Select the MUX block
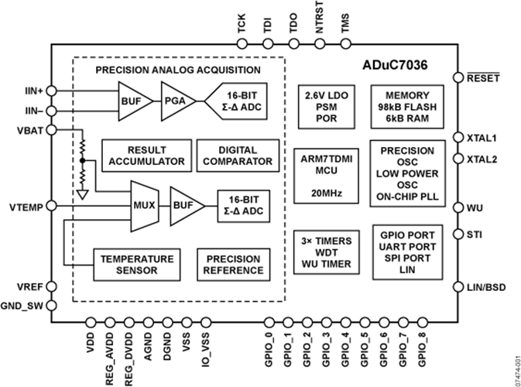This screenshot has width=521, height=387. tap(145, 206)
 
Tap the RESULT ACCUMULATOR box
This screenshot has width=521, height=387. tap(146, 156)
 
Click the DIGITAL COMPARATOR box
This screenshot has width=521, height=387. tap(238, 156)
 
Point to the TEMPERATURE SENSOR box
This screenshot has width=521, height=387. tap(137, 265)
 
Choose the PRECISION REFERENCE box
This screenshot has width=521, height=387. tap(234, 265)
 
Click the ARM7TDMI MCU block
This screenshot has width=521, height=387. tap(326, 176)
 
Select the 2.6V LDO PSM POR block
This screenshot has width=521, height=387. tap(326, 107)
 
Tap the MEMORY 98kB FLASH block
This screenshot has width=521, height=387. tap(407, 107)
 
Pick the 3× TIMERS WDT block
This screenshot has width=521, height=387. tap(326, 252)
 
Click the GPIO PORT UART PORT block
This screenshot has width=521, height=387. tap(407, 252)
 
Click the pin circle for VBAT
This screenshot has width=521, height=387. tap(52, 130)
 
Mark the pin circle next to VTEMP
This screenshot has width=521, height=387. tap(52, 207)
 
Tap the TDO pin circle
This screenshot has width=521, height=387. tap(293, 43)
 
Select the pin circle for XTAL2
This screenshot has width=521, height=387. tap(458, 159)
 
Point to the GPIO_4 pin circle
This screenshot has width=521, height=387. tap(345, 323)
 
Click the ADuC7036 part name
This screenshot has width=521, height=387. tap(395, 65)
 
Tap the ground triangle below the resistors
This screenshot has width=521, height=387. tap(83, 195)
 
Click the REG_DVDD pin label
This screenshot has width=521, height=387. tap(129, 359)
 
